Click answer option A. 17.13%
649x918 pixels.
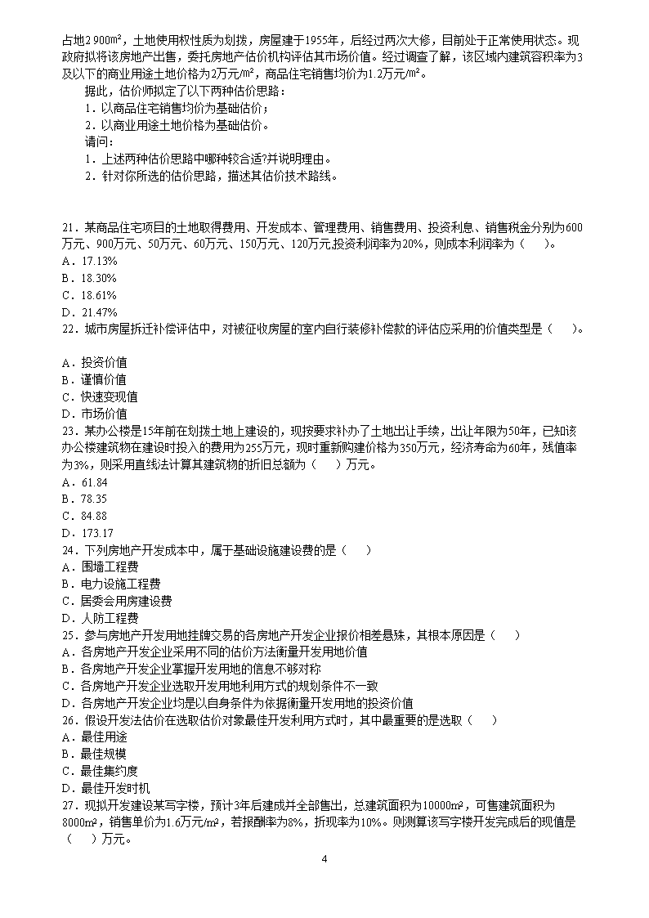tap(89, 261)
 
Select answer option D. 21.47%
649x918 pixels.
tap(89, 312)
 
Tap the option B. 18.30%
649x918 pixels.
tap(89, 278)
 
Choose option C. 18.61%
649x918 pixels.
tap(89, 295)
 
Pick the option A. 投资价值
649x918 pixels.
tap(94, 362)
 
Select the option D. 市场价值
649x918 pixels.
tap(94, 414)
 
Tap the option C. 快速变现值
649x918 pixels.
tap(99, 396)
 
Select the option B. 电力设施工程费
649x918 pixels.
tap(110, 584)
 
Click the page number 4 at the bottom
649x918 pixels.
tap(324, 859)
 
